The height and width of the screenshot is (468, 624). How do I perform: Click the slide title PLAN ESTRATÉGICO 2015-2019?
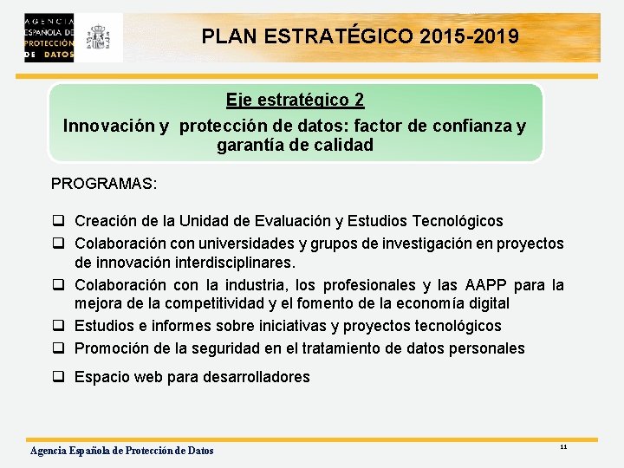click(x=360, y=37)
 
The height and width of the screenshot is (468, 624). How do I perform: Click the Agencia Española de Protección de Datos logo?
click(x=49, y=37)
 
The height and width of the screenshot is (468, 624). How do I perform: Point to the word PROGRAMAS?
click(x=104, y=184)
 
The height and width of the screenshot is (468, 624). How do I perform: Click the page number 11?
click(x=563, y=446)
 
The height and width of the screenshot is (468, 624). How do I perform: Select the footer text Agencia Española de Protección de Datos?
click(x=122, y=450)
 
